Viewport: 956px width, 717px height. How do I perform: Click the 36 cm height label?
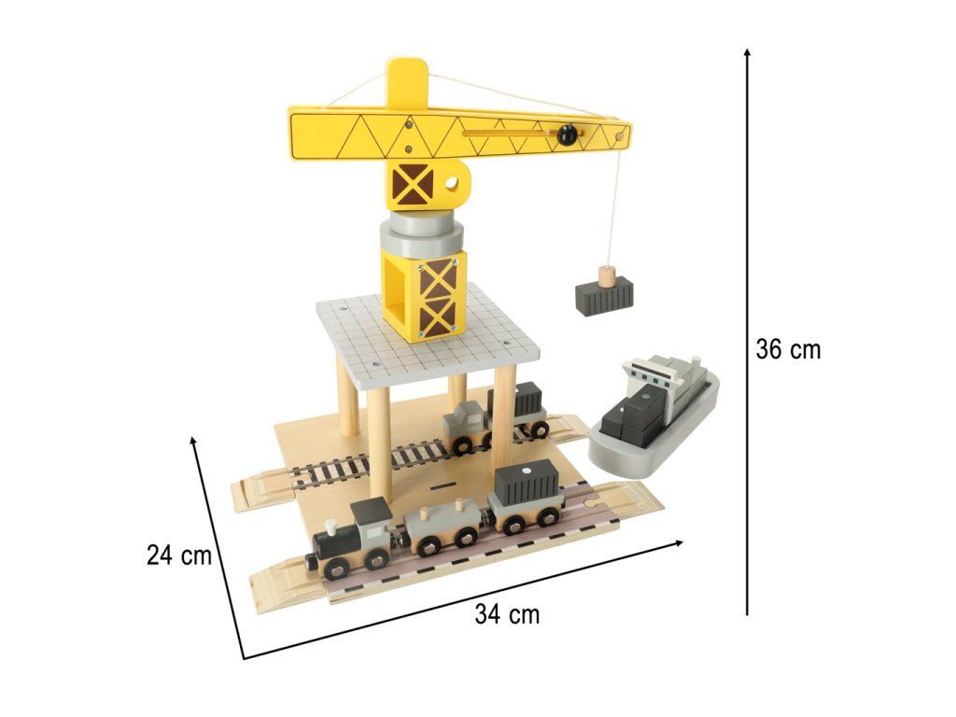coord(788,349)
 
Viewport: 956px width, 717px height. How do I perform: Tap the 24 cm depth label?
coord(178,555)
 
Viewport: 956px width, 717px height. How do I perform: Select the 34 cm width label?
coord(507,614)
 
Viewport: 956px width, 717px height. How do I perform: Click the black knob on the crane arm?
coord(567,134)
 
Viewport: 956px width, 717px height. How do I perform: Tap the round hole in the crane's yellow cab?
coord(452,183)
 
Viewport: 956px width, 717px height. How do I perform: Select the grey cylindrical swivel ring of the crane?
coord(421,232)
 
